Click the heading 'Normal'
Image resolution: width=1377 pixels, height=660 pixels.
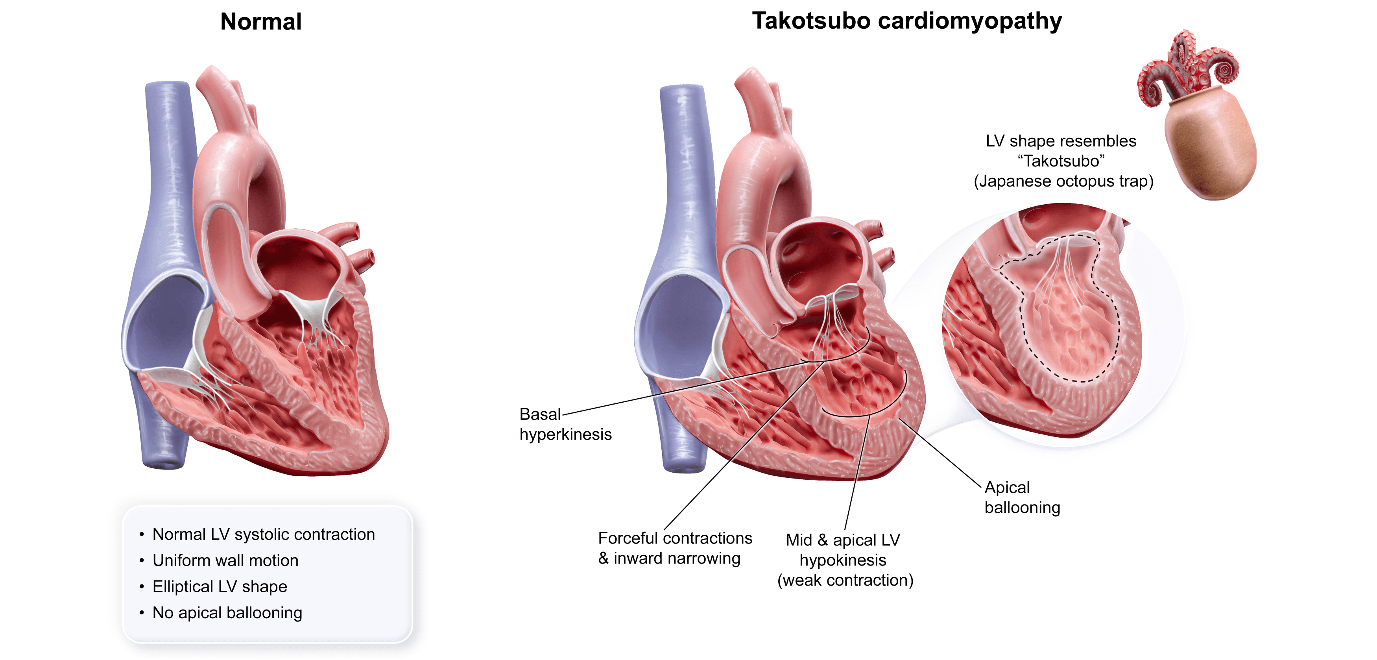[x=261, y=22]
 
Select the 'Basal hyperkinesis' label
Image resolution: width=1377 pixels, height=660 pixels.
[x=565, y=424]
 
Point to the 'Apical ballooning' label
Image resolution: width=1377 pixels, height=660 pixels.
[x=1021, y=497]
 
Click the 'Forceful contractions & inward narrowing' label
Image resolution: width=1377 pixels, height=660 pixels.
[x=675, y=548]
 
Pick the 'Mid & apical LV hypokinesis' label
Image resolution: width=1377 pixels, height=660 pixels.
[x=845, y=550]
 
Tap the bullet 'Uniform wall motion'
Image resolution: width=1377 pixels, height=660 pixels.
[x=225, y=560]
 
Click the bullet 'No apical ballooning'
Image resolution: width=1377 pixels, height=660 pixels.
[x=227, y=613]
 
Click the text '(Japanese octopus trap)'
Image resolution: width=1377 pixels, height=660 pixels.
[x=1063, y=181]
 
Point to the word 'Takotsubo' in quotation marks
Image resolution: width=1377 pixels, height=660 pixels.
[x=1061, y=161]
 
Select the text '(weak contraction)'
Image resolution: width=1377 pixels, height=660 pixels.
[x=845, y=581]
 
